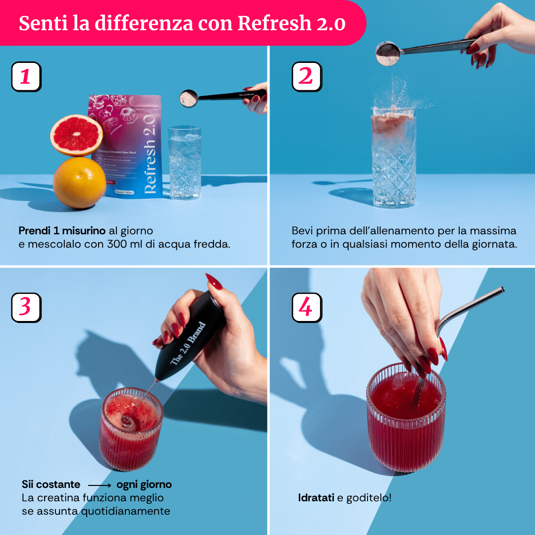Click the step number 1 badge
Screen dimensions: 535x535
pos(26,77)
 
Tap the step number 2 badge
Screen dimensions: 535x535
pos(307,77)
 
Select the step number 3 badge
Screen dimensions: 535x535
pos(26,307)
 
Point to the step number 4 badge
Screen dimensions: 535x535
pos(307,307)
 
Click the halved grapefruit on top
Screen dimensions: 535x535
pos(77,135)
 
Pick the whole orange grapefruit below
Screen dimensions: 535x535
pos(79,182)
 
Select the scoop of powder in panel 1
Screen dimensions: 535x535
pos(189,98)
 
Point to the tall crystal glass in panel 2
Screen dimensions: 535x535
pos(394,159)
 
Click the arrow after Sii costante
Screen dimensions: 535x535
pos(99,485)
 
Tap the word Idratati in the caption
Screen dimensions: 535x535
pos(316,497)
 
